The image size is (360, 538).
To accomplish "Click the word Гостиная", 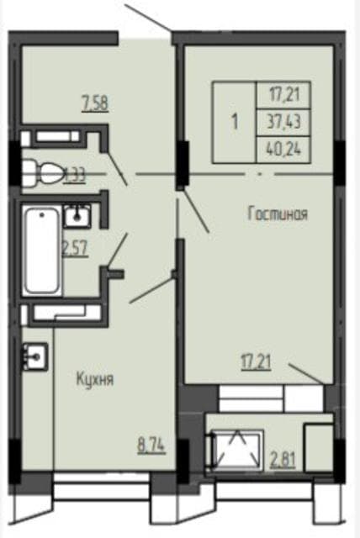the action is tap(278, 214).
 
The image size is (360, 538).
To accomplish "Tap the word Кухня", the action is tap(95, 379).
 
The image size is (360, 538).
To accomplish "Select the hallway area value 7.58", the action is tap(95, 104).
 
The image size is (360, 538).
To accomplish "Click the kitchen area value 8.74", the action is tap(151, 446).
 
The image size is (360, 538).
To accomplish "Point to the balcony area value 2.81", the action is tap(283, 460).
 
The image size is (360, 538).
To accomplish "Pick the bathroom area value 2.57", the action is tap(75, 248).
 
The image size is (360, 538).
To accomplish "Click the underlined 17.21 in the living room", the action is tap(257, 363).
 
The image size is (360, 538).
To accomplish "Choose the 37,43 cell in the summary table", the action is tap(283, 122).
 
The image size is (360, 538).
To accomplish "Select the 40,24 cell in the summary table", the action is tap(283, 150).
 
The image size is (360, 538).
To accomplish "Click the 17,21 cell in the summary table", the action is tap(283, 95).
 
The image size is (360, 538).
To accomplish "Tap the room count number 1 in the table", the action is tap(235, 122).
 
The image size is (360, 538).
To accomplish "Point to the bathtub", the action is tap(42, 251).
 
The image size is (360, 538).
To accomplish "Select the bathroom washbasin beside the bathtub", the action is tap(77, 216).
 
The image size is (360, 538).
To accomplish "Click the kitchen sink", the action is tap(35, 356).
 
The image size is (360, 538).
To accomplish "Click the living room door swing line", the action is tap(194, 211).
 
